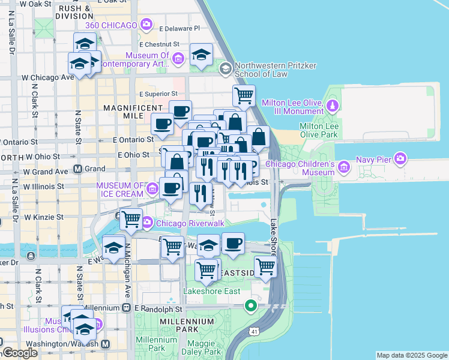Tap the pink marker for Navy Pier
(400, 159)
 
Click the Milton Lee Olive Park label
(319, 130)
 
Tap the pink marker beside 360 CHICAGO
(146, 25)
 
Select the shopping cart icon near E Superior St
(244, 95)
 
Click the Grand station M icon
(77, 169)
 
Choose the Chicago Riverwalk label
(189, 223)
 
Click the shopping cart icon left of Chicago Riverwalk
(131, 220)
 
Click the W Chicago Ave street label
(47, 77)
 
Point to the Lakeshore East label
(211, 291)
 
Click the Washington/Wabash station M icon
(105, 344)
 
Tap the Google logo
(20, 353)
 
